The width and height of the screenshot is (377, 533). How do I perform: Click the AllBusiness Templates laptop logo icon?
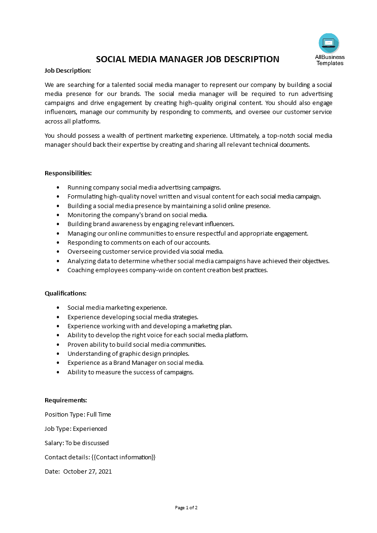[329, 43]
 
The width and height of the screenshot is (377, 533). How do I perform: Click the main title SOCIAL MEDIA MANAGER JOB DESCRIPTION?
[188, 59]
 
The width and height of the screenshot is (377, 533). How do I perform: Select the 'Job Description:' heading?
[68, 70]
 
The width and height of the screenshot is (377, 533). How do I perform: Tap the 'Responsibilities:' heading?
[68, 173]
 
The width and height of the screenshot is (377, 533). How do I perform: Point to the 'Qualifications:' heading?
[66, 294]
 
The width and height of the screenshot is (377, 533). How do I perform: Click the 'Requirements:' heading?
[66, 400]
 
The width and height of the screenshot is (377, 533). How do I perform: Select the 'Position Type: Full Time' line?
[77, 414]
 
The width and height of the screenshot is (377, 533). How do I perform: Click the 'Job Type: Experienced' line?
[76, 428]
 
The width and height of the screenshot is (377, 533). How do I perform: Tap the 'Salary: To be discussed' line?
[77, 443]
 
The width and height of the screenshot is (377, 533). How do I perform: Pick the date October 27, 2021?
[87, 472]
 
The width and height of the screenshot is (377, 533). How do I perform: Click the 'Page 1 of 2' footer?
[186, 507]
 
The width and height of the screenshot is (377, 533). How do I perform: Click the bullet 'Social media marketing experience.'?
[117, 308]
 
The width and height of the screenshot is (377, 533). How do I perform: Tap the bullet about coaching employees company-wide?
[167, 270]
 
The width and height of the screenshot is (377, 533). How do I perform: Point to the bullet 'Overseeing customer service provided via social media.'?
[145, 251]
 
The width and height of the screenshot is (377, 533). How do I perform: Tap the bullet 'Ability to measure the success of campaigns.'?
[130, 372]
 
